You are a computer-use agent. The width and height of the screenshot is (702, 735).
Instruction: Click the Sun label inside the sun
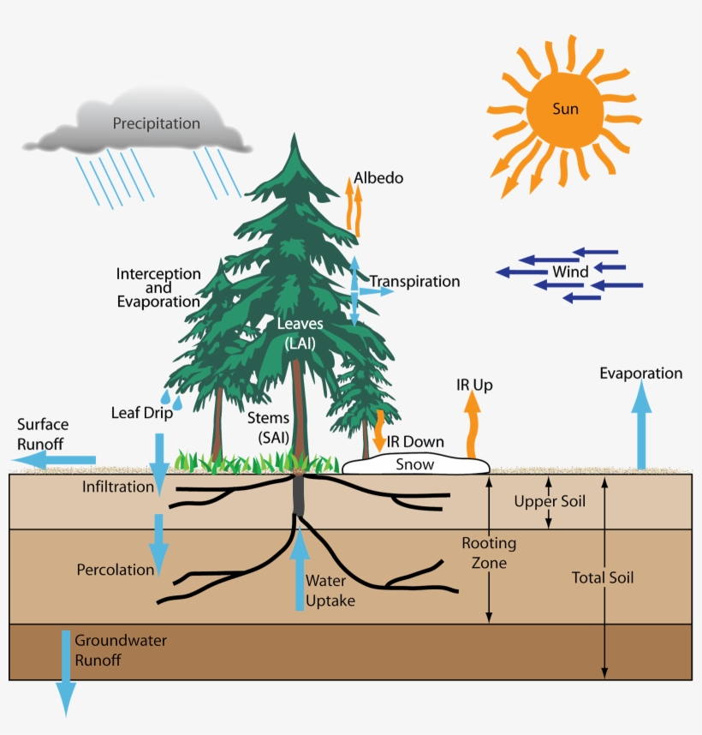pyautogui.click(x=564, y=109)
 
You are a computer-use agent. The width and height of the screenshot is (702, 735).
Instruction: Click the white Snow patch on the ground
pyautogui.click(x=416, y=464)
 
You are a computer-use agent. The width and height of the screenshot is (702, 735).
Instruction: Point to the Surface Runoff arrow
pyautogui.click(x=56, y=461)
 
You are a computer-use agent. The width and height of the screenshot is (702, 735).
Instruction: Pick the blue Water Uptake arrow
pyautogui.click(x=299, y=570)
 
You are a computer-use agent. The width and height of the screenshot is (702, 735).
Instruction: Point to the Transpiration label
pyautogui.click(x=415, y=281)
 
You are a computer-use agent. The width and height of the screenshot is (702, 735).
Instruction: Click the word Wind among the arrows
pyautogui.click(x=569, y=272)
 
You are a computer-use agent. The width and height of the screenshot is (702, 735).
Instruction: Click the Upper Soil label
pyautogui.click(x=550, y=501)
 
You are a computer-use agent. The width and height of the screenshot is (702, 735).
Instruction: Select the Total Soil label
pyautogui.click(x=603, y=577)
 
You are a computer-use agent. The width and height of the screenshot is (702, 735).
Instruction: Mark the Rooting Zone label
pyautogui.click(x=489, y=553)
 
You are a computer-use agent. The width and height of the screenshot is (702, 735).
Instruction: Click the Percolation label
pyautogui.click(x=116, y=569)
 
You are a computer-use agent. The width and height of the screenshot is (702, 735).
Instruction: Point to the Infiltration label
pyautogui.click(x=118, y=487)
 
